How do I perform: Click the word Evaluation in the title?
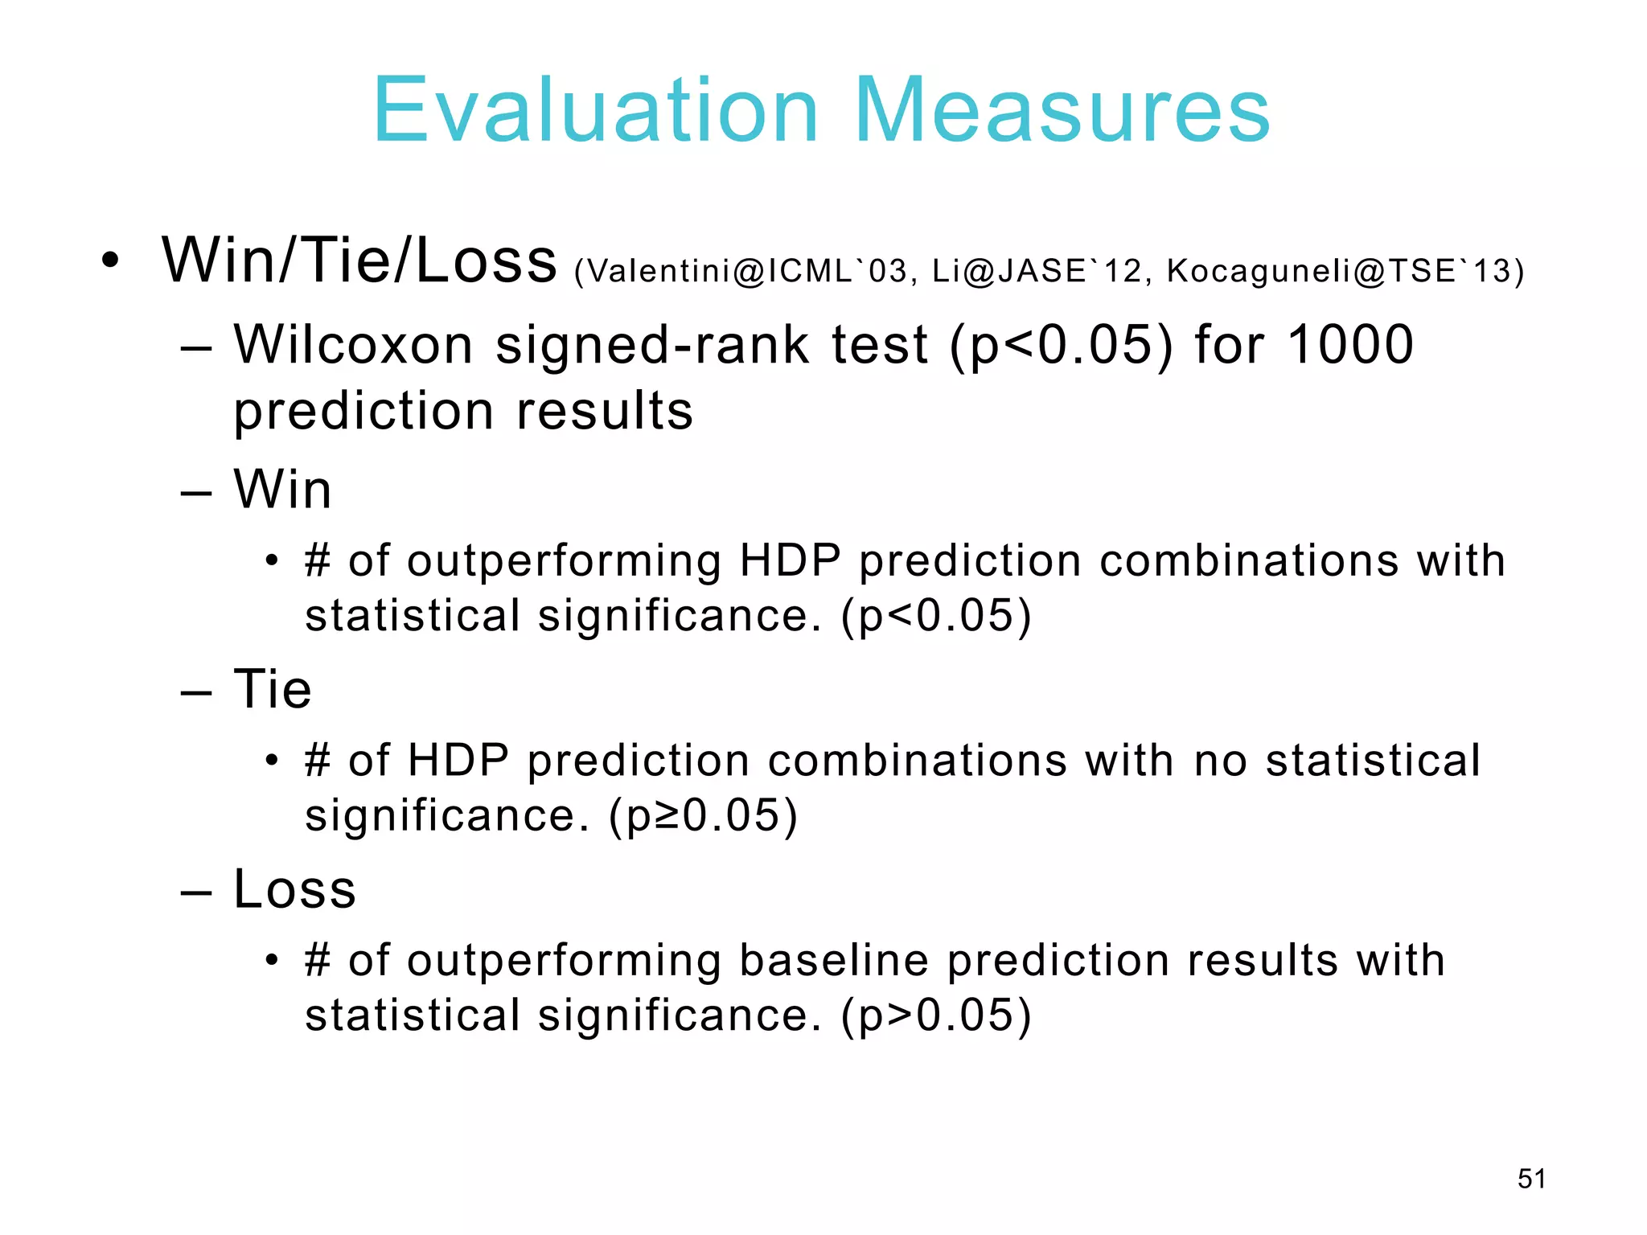pos(595,110)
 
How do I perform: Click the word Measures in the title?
pos(1062,110)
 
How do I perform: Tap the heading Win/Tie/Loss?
pos(359,261)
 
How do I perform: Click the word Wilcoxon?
pos(354,345)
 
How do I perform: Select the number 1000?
pos(1350,345)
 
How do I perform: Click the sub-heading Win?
pos(282,490)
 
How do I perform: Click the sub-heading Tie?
pos(273,690)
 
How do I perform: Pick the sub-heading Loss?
pos(294,889)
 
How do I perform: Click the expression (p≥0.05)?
pos(704,816)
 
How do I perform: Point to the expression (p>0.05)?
pos(936,1015)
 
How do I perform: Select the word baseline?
pos(834,960)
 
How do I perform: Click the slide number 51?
pos(1531,1179)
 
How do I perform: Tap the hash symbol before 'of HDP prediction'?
pos(318,761)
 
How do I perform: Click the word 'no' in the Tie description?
pos(1220,761)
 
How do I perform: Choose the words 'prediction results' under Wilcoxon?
pos(463,411)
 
